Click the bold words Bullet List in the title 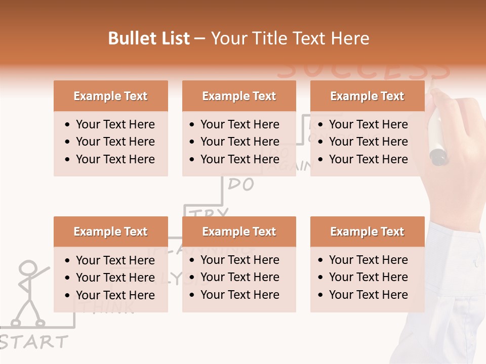[x=149, y=38]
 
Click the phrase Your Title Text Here [x=290, y=38]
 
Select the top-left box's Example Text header [x=110, y=96]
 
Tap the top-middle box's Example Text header [x=239, y=96]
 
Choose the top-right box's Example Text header [x=367, y=96]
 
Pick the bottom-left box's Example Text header [x=110, y=232]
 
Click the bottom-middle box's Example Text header [x=239, y=232]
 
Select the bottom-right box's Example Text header [x=367, y=232]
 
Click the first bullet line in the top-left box [x=115, y=124]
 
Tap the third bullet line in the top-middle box [x=239, y=159]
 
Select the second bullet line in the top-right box [x=368, y=142]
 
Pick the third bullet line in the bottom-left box [x=115, y=295]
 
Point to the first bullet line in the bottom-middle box [x=239, y=260]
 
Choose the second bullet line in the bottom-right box [x=368, y=277]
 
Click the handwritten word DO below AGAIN [x=241, y=185]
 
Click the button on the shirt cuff [x=476, y=263]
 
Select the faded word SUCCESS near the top [x=363, y=71]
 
